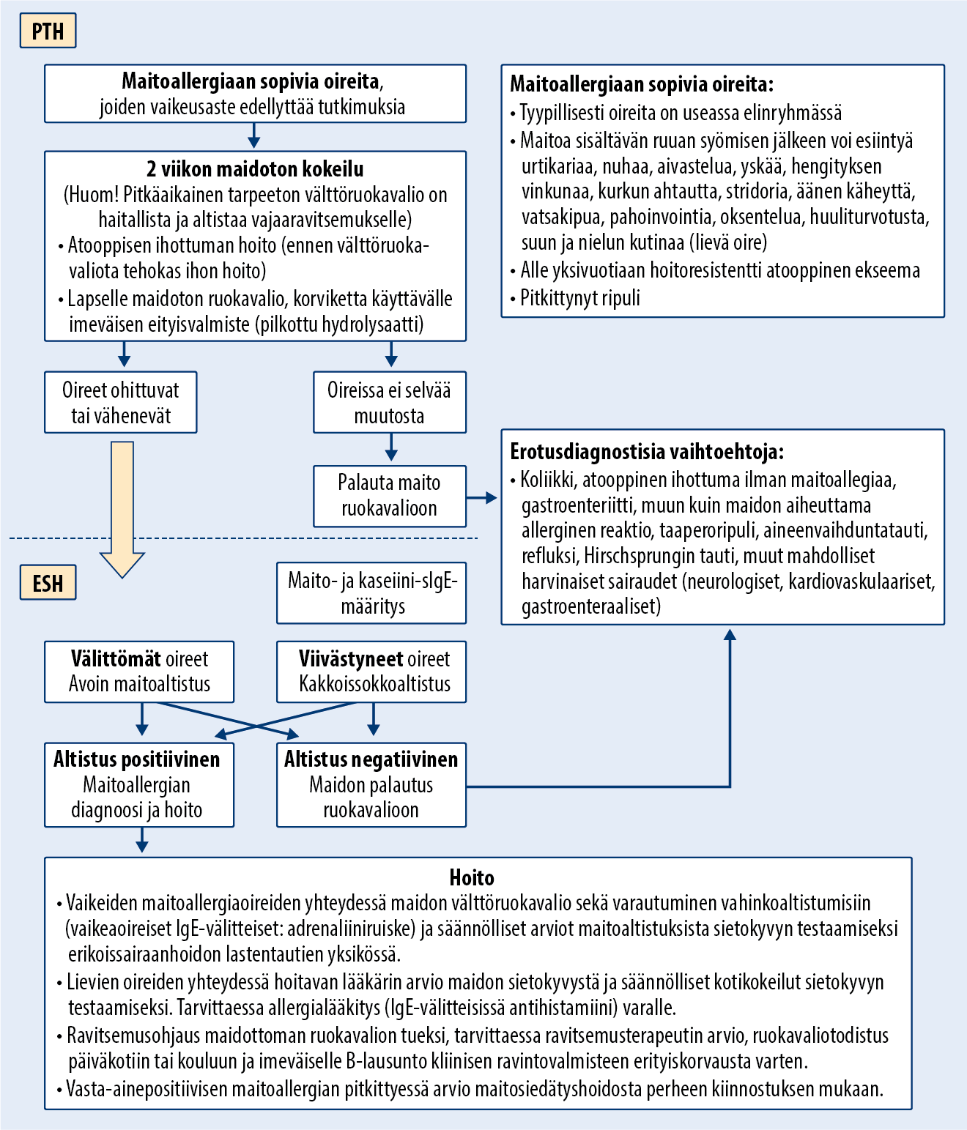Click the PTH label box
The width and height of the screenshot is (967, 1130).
coord(48,31)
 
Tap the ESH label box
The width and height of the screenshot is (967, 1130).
coord(48,583)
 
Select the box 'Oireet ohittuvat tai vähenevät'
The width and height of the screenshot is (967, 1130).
coord(121,403)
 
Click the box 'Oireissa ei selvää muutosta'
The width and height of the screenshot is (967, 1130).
coord(389,403)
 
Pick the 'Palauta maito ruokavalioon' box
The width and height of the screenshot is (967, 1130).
coord(389,496)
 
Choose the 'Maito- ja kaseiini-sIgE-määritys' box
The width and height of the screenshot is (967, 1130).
coord(371,593)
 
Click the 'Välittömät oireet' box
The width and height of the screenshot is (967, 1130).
coord(139,672)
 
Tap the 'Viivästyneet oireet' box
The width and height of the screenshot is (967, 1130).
coord(371,672)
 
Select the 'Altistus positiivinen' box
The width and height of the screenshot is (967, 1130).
coord(139,785)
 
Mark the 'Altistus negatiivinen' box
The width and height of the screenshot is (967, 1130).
coord(371,785)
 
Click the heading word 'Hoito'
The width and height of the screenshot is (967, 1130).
coord(472,877)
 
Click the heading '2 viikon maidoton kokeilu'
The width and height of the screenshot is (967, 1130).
coord(255,169)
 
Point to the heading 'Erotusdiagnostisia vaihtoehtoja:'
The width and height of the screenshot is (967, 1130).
coord(647,451)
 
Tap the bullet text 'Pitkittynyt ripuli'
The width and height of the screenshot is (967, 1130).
coord(579,298)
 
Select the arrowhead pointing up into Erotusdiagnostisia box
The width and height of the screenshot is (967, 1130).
coord(730,634)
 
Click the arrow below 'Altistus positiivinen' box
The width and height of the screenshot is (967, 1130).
coord(142,841)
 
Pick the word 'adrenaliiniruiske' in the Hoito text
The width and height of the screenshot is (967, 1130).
coord(351,929)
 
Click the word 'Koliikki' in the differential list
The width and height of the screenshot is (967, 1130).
coord(547,480)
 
